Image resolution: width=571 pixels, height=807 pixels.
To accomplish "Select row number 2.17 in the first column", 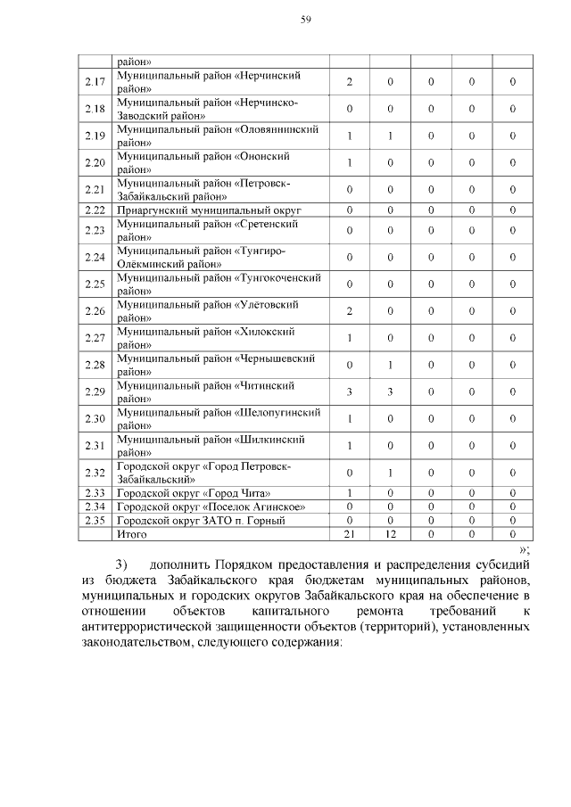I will pyautogui.click(x=94, y=82).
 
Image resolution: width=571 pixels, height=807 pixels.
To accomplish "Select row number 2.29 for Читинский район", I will pyautogui.click(x=94, y=391).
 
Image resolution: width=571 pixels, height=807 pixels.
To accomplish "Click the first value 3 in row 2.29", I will pyautogui.click(x=350, y=391).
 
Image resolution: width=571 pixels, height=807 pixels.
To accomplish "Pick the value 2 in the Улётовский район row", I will pyautogui.click(x=350, y=311).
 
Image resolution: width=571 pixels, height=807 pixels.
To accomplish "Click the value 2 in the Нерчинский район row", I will pyautogui.click(x=350, y=82).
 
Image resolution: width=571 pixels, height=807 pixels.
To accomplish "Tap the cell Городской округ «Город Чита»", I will pyautogui.click(x=194, y=493).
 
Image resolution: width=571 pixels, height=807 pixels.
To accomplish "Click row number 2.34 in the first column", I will pyautogui.click(x=94, y=506).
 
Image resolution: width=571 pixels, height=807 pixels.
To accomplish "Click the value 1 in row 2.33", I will pyautogui.click(x=350, y=493).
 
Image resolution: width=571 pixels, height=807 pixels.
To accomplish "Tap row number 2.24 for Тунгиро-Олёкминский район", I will pyautogui.click(x=94, y=258).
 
